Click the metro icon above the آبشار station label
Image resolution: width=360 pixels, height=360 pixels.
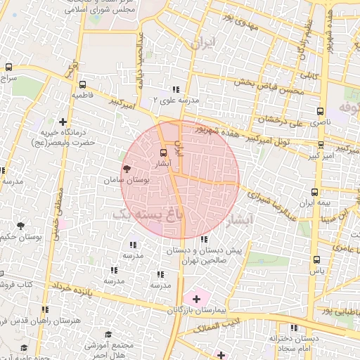164,153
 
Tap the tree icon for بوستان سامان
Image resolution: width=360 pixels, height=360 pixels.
127,169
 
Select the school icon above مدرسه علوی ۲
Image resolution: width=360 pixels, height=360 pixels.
176,90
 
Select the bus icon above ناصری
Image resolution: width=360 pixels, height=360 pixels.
321,111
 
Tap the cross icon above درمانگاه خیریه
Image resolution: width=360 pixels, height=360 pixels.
63,121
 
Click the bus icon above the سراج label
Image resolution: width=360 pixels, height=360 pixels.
8,67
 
